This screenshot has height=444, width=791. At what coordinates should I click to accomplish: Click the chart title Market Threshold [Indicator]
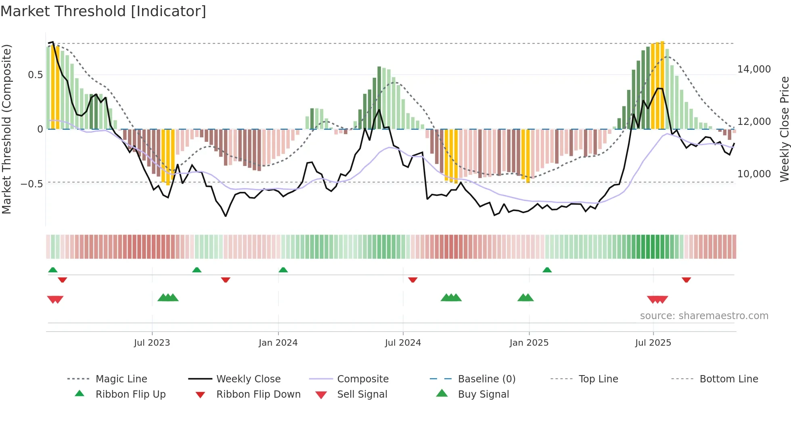pos(103,11)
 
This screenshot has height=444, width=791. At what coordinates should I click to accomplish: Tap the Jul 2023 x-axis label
pos(152,343)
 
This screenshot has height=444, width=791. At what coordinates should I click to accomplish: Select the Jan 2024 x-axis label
pos(278,343)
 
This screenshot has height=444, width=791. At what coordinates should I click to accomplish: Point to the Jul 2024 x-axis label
pos(403,343)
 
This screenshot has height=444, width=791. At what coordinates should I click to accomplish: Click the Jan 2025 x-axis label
pos(529,343)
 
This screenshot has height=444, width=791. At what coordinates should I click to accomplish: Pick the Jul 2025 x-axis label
pos(653,343)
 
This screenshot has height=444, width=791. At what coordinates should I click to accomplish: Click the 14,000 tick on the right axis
pos(754,69)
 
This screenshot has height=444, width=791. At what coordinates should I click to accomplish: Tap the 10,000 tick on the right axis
pos(754,174)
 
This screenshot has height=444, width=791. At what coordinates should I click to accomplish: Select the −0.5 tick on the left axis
pos(32,184)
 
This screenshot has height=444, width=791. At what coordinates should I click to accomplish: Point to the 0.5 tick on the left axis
pos(35,75)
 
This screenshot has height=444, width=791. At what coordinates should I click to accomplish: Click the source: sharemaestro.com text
pos(704,316)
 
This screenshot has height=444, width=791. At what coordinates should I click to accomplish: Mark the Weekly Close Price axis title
pos(784,129)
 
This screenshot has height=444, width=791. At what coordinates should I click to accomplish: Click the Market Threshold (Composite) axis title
pos(6,129)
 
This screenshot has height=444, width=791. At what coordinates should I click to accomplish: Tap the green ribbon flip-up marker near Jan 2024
pos(283,270)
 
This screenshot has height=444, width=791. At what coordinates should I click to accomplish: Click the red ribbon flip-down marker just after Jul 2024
pos(412,280)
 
